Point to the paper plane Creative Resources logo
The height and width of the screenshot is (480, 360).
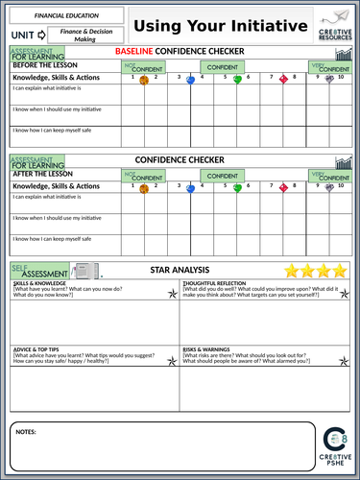click(x=334, y=25)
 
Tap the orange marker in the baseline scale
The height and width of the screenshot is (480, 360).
click(x=144, y=81)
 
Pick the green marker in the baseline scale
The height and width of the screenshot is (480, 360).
click(x=237, y=80)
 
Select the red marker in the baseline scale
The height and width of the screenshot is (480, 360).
click(x=283, y=81)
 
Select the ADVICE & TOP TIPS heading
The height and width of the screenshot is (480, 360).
click(x=37, y=349)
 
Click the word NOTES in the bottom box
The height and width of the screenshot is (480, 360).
click(x=26, y=432)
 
